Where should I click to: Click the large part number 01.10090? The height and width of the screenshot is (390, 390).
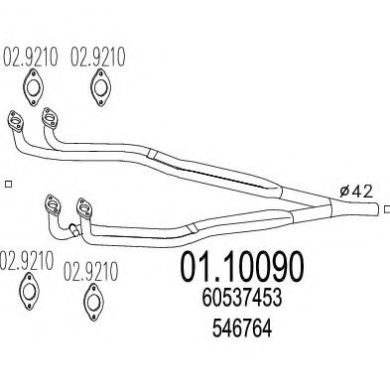click(x=241, y=267)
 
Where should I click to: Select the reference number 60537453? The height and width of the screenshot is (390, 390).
click(x=242, y=297)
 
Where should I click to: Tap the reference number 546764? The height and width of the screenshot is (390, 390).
click(x=242, y=328)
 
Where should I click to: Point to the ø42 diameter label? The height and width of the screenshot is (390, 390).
click(x=356, y=192)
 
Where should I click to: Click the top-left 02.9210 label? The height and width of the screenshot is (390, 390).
click(x=31, y=57)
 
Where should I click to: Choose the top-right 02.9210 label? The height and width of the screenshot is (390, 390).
click(x=98, y=57)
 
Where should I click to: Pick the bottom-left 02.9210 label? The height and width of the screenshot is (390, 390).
click(x=27, y=261)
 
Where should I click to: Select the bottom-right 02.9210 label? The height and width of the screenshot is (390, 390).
click(x=90, y=271)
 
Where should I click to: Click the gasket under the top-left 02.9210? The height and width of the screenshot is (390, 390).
click(x=33, y=87)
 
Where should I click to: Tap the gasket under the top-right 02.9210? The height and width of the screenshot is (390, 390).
click(x=100, y=87)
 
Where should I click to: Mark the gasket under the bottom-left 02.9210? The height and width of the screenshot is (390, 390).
click(x=30, y=291)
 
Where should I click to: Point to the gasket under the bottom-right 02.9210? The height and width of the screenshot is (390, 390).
click(x=93, y=302)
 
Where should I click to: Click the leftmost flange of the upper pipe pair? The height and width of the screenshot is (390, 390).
click(x=16, y=121)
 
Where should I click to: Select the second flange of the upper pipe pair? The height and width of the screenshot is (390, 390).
click(x=50, y=117)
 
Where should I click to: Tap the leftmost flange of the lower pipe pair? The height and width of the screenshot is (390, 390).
click(x=53, y=205)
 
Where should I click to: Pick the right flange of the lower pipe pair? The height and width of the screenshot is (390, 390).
click(x=84, y=208)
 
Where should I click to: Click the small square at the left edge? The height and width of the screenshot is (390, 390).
click(x=9, y=185)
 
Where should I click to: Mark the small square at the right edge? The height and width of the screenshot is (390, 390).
click(x=387, y=209)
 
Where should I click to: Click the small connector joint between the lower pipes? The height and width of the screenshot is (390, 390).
click(x=74, y=230)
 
